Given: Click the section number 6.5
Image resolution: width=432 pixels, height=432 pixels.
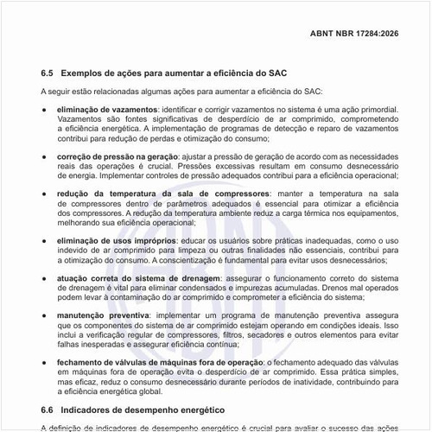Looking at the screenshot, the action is [x=48, y=73].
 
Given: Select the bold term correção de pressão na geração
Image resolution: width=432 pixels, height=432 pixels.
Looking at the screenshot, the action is [x=117, y=155].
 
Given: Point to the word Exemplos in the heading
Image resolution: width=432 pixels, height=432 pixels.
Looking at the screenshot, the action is [x=89, y=73].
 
